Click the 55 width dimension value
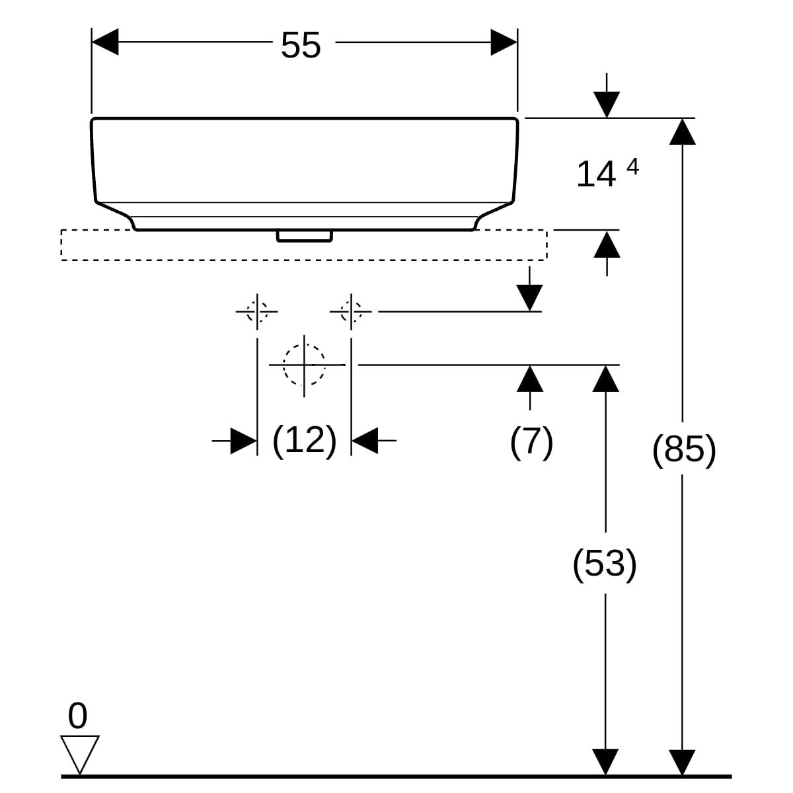301,46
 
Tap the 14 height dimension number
596,174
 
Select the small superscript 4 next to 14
633,167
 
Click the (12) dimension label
305,441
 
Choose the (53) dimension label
605,564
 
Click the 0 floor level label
77,716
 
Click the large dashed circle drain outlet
304,365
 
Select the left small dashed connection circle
257,311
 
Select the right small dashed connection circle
351,311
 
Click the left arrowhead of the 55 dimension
105,42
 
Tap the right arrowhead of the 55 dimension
504,42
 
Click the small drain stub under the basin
305,236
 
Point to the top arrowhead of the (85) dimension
682,132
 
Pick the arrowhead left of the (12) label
244,441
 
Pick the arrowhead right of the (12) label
365,441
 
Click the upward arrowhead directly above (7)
529,379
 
